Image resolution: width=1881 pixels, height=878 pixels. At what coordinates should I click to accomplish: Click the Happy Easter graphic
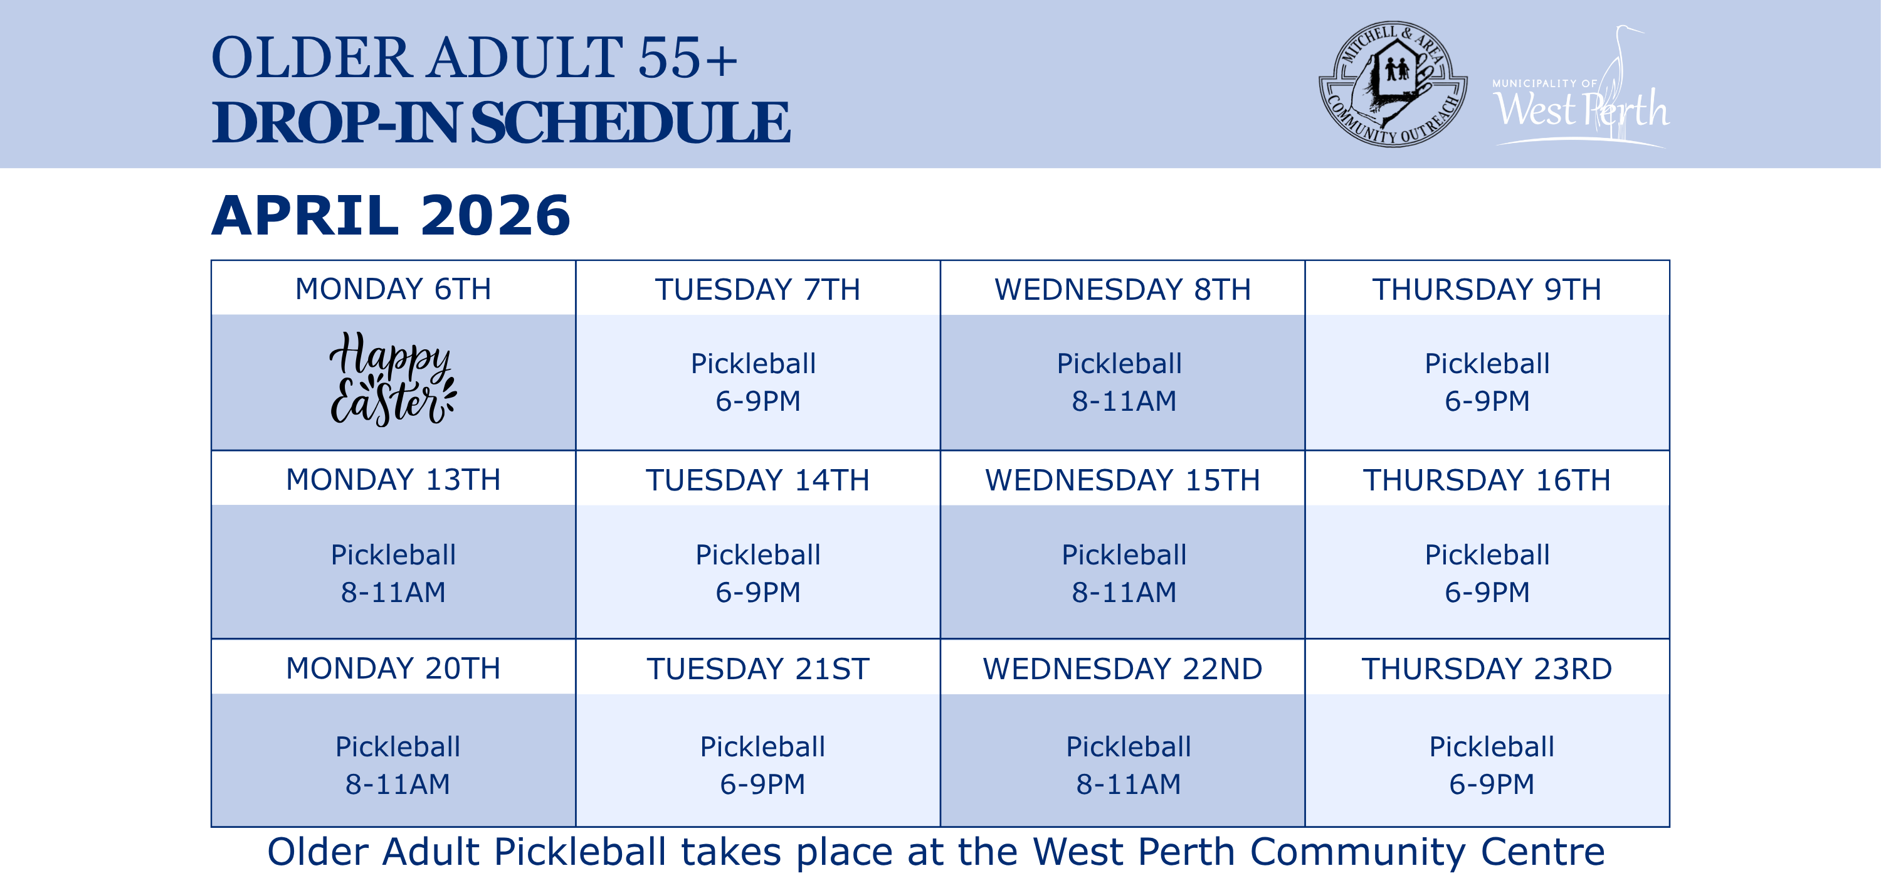point(393,378)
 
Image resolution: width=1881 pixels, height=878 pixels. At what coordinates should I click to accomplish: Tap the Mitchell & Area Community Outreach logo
point(1393,84)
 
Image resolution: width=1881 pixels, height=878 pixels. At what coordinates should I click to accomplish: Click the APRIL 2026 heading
point(391,216)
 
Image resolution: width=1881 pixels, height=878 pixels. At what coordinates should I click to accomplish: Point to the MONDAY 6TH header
point(393,288)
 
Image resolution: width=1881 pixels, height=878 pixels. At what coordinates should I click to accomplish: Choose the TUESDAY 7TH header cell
point(757,289)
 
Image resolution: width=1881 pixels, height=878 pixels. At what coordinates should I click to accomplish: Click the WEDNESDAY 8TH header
point(1122,289)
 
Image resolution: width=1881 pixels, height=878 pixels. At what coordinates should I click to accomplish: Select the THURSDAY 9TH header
point(1487,289)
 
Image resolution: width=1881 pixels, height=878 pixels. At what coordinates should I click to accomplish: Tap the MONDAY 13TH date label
point(393,479)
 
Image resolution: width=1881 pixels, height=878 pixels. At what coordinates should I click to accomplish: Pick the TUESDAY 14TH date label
point(757,480)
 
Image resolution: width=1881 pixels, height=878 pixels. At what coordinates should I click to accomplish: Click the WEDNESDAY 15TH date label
point(1122,480)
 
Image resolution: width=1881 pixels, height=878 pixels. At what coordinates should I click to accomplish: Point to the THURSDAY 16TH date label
point(1487,480)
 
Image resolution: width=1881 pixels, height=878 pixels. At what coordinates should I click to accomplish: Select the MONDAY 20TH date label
point(393,668)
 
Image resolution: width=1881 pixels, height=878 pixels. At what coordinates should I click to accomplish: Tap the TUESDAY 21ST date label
point(757,669)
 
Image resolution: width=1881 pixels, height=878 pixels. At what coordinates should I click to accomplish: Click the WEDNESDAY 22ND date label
point(1122,669)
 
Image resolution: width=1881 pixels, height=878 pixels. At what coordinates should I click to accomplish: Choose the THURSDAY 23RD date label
point(1487,669)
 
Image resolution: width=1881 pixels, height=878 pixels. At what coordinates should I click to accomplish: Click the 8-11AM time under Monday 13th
point(393,591)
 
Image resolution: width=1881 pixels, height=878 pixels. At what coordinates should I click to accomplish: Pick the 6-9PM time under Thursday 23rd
point(1491,784)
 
